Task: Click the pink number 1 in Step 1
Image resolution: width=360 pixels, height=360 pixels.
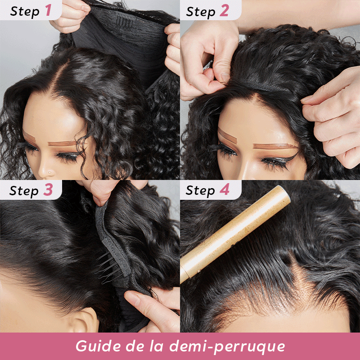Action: coord(49,10)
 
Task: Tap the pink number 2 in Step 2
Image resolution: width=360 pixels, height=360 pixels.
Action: coord(224,10)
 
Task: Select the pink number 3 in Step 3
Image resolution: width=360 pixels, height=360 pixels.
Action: coord(48,189)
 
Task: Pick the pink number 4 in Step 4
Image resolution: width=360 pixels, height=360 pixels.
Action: coord(224,189)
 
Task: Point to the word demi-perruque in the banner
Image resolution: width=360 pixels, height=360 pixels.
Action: coord(227,346)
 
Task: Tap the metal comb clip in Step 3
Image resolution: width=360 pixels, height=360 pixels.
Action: coord(108,266)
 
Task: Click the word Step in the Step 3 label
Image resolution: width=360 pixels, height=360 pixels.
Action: coord(24,191)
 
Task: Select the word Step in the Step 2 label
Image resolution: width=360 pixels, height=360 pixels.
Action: coord(201,12)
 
